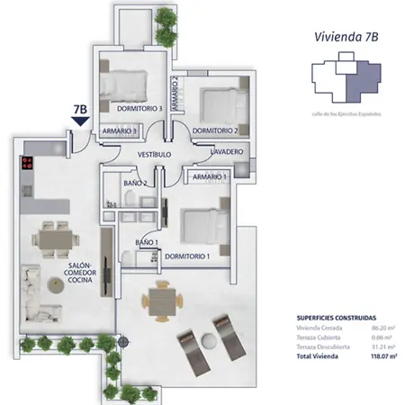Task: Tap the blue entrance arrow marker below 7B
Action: (x=80, y=123)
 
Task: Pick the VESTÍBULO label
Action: (x=155, y=155)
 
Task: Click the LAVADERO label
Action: (x=227, y=152)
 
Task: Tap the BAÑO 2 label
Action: (x=136, y=184)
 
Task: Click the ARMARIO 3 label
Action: (x=119, y=131)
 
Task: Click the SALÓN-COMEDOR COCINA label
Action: (x=81, y=274)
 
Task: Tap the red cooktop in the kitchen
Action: (x=26, y=164)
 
